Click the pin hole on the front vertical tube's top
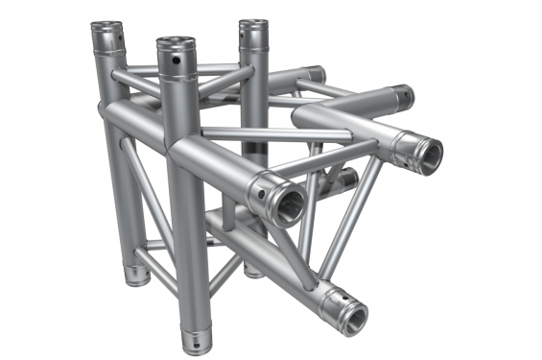177,61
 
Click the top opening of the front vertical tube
176,42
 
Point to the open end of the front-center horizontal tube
287,203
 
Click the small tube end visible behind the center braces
347,180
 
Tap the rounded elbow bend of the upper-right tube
309,117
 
